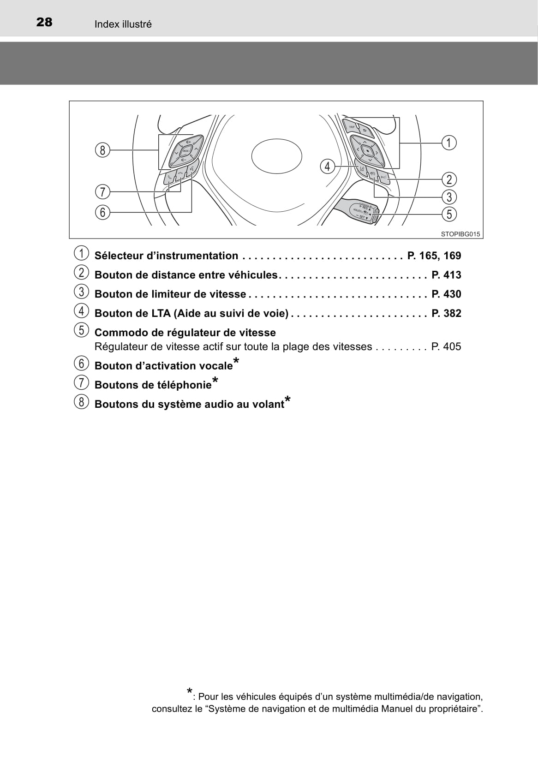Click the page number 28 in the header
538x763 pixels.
click(x=44, y=23)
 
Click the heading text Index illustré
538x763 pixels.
click(x=123, y=24)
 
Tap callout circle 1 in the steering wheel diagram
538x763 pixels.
click(x=449, y=143)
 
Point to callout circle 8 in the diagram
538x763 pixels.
click(x=102, y=150)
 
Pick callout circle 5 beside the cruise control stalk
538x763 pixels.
click(x=449, y=214)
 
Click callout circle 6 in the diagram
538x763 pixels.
click(x=102, y=212)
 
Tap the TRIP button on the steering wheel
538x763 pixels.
click(x=351, y=126)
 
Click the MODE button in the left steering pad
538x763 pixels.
click(x=186, y=150)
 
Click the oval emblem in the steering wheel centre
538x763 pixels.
click(x=277, y=156)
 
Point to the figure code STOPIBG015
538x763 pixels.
click(x=460, y=234)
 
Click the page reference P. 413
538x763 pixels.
click(x=446, y=275)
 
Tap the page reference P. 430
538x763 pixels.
click(x=446, y=294)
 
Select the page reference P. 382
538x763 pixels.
click(x=446, y=313)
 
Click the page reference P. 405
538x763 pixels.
click(x=446, y=346)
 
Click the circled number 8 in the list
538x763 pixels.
click(x=81, y=402)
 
